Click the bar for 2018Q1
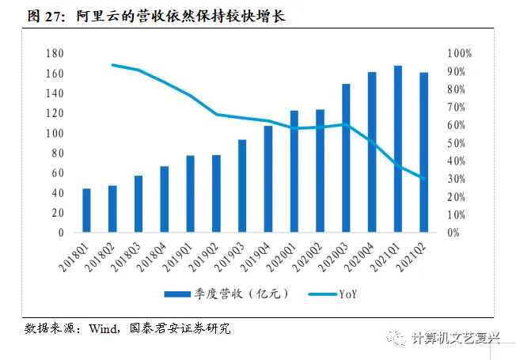pyautogui.click(x=86, y=210)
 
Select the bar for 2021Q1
pyautogui.click(x=398, y=150)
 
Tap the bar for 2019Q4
pyautogui.click(x=268, y=179)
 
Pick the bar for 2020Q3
pyautogui.click(x=346, y=158)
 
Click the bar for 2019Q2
pyautogui.click(x=216, y=194)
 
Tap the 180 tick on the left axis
pyautogui.click(x=55, y=53)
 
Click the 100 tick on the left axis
pyautogui.click(x=55, y=133)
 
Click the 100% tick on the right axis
pyautogui.click(x=459, y=53)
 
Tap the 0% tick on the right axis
pyautogui.click(x=453, y=233)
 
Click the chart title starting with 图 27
pyautogui.click(x=154, y=16)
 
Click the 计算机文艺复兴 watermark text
pyautogui.click(x=457, y=338)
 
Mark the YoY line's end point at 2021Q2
pyautogui.click(x=424, y=179)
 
